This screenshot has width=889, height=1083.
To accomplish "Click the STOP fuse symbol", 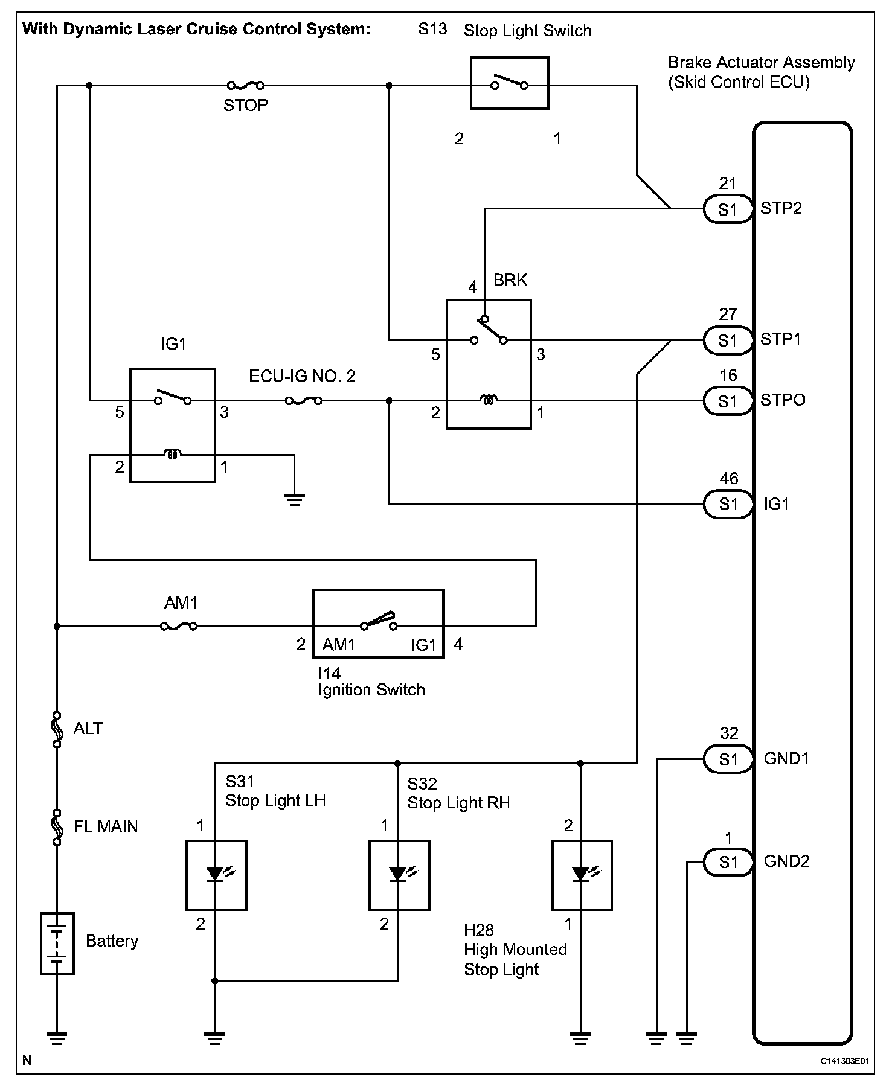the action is [245, 85].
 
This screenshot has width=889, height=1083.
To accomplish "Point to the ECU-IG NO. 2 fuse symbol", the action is [303, 400].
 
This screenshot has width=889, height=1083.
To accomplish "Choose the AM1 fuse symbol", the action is [179, 627].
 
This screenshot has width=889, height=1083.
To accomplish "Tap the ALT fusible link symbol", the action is [57, 729].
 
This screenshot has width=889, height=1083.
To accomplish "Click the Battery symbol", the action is [57, 943].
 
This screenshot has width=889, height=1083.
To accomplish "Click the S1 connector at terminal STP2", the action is [728, 209].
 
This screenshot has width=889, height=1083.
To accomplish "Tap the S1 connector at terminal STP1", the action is [728, 340].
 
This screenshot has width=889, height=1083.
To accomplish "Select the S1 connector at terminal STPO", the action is [728, 401].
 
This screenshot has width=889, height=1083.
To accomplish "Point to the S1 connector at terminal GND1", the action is [728, 759].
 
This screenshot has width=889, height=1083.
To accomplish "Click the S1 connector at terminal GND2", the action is [728, 863].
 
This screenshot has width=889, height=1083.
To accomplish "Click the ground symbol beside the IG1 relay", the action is [294, 500].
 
